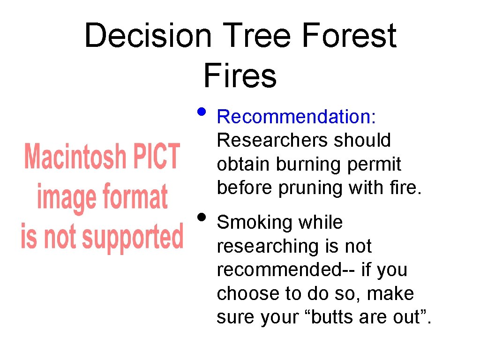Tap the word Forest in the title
pyautogui.click(x=349, y=36)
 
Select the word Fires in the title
pyautogui.click(x=240, y=76)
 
